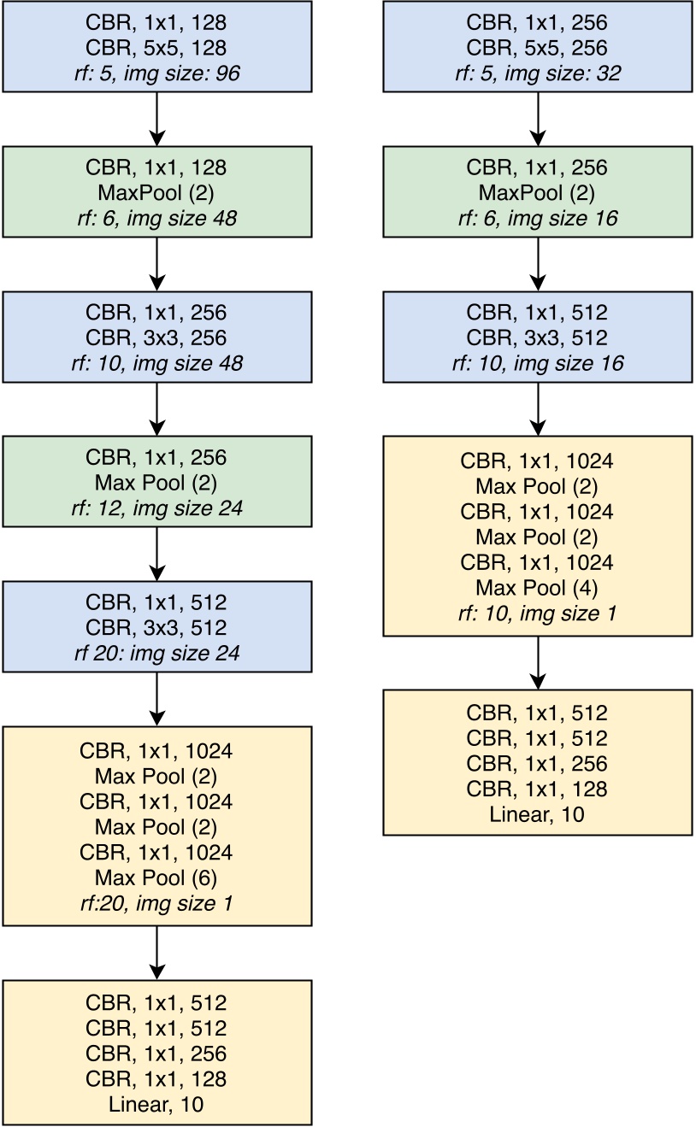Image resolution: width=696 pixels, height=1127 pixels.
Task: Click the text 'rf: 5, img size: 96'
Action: tap(156, 73)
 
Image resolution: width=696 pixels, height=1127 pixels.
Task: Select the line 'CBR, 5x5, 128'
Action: tap(156, 48)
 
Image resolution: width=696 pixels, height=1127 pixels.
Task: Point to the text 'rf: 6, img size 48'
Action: tap(156, 219)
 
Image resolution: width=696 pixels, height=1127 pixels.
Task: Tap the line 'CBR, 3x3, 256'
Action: tap(156, 338)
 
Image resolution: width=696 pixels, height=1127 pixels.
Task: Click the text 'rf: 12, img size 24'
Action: tap(156, 508)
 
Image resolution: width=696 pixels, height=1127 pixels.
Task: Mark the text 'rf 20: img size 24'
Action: tap(156, 654)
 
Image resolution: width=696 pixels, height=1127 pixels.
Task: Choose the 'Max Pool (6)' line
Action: tap(156, 878)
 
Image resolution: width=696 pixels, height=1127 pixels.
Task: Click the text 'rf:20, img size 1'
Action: tap(156, 903)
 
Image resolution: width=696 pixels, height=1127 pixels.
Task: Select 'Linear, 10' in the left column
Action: tap(156, 1104)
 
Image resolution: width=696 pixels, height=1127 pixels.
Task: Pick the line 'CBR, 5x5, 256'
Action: tap(538, 48)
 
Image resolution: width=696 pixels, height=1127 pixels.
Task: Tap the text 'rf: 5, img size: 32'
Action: tap(538, 73)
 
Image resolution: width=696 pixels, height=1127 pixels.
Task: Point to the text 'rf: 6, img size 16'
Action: tap(538, 219)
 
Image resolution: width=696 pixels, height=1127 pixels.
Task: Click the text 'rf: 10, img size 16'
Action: tap(538, 363)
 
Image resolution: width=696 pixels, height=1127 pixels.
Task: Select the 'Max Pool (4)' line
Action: tap(538, 588)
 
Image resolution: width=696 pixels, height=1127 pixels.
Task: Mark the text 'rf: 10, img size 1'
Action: tap(538, 613)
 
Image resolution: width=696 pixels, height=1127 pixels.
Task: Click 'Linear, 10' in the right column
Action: tap(538, 814)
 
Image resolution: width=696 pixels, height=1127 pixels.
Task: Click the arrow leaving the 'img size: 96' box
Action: tap(156, 119)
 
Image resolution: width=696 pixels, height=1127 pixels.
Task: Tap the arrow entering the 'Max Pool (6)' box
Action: tap(156, 699)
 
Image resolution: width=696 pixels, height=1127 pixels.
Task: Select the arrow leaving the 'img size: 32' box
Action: tap(538, 119)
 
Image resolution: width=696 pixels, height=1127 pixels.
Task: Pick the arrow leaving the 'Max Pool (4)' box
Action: tap(538, 663)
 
